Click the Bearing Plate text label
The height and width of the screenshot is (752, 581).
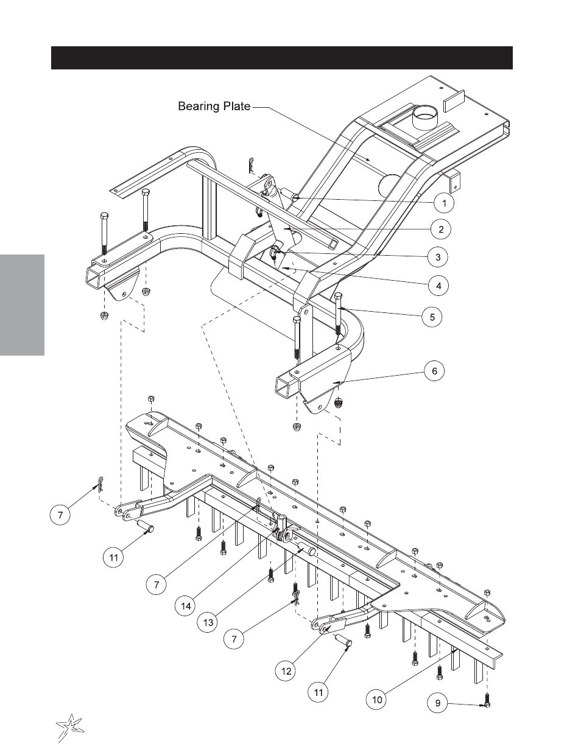click(214, 106)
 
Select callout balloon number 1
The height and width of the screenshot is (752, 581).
click(444, 203)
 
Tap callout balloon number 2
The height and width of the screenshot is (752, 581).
click(440, 229)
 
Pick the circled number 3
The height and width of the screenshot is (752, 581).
click(438, 257)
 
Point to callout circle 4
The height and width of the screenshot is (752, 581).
click(438, 286)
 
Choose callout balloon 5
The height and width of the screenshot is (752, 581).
click(432, 317)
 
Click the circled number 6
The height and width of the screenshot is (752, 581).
click(435, 371)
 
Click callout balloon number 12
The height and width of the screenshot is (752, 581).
click(286, 671)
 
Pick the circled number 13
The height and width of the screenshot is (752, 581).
click(208, 622)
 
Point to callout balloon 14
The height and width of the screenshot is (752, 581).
click(186, 606)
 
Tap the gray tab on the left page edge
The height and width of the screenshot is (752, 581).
click(22, 305)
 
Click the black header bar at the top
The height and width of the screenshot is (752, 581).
click(282, 58)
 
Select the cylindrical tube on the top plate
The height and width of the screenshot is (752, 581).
click(424, 118)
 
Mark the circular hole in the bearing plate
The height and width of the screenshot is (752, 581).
click(391, 184)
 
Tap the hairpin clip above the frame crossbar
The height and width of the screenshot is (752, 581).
click(252, 165)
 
